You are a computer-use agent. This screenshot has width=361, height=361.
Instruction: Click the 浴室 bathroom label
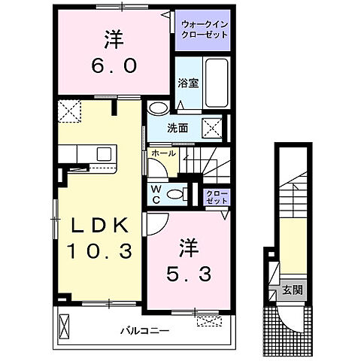(188, 83)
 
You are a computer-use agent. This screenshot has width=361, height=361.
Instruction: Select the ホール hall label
(163, 153)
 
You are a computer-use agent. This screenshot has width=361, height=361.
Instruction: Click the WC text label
(155, 194)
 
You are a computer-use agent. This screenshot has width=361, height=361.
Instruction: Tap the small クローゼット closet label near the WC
(217, 196)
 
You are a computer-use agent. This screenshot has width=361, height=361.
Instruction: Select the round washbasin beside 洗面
(156, 108)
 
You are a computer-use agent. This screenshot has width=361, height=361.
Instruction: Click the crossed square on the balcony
(63, 326)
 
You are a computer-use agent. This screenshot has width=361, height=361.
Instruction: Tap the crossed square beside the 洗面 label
(211, 128)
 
